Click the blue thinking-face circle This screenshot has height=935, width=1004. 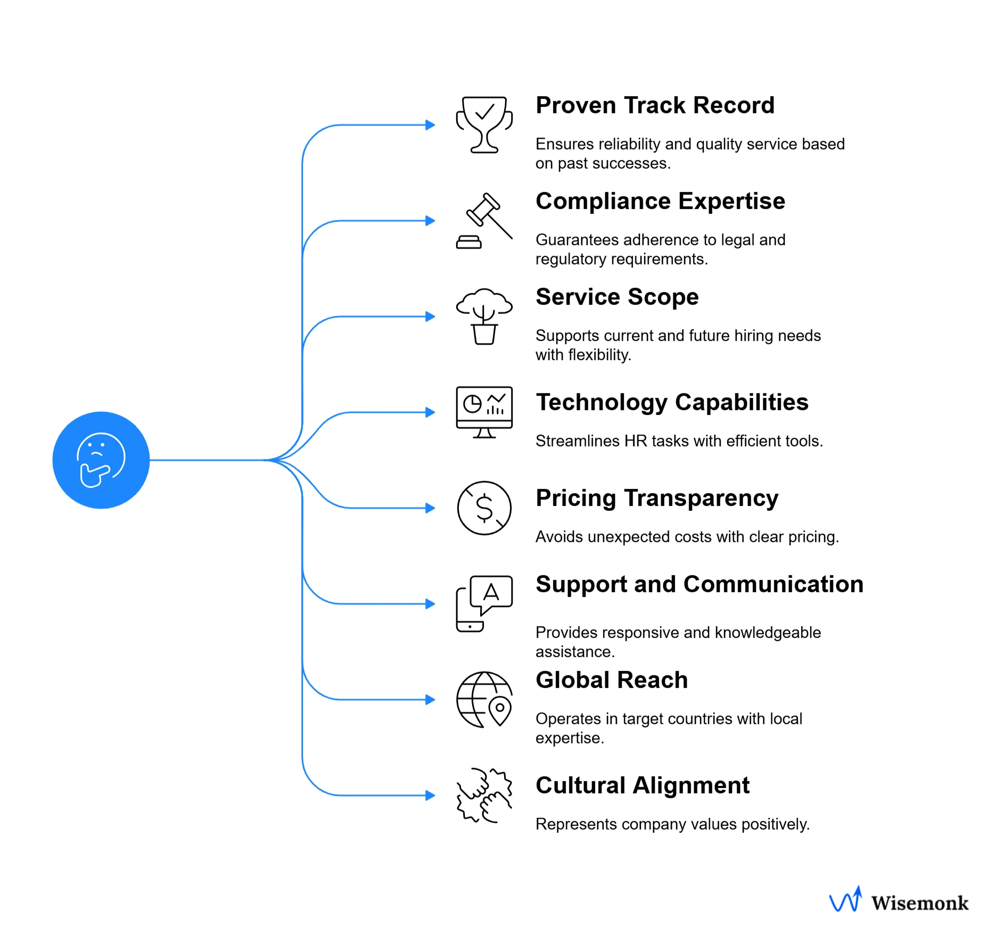tap(101, 460)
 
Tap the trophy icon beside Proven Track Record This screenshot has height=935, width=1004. tap(484, 125)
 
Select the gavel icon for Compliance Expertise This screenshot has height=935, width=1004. tap(484, 221)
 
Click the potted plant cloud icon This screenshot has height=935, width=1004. tap(484, 316)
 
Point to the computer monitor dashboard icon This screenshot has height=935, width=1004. tap(484, 412)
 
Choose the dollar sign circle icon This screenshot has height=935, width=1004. tap(484, 508)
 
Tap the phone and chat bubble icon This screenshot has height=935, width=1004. tap(484, 603)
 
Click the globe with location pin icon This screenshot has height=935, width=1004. tap(484, 699)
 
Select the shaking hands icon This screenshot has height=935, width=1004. tap(484, 795)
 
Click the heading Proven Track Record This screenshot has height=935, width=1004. tap(655, 105)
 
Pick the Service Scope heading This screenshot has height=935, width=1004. tap(616, 297)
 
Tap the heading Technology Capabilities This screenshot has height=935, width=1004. tap(672, 402)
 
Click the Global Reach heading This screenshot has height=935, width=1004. tap(611, 680)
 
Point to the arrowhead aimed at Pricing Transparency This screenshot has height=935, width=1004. tap(430, 508)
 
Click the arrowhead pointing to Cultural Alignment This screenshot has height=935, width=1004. tap(430, 795)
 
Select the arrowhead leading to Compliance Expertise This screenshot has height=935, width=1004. tap(430, 221)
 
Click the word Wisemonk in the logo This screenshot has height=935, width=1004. tap(919, 903)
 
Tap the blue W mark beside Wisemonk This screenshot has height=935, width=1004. tap(845, 900)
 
